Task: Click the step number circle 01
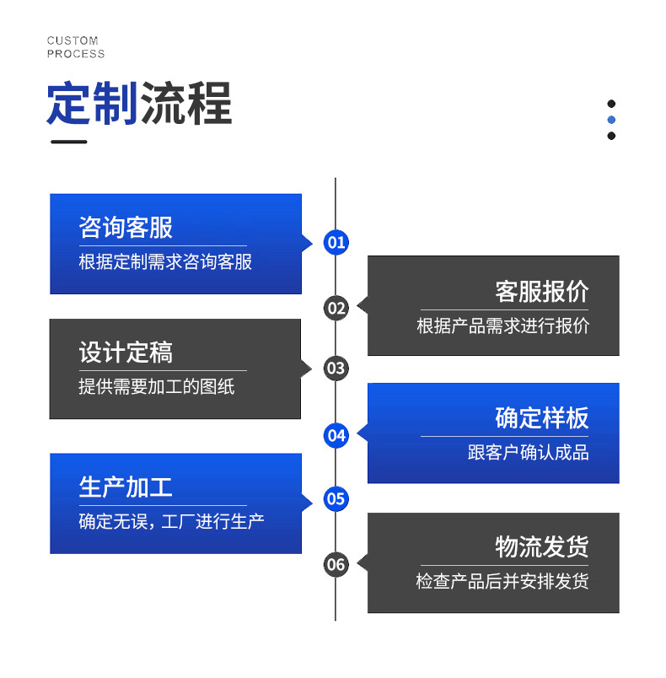(x=336, y=243)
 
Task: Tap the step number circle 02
(x=336, y=308)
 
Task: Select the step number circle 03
(x=336, y=368)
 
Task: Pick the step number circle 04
(x=336, y=435)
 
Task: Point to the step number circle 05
(x=336, y=498)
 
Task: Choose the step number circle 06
(x=336, y=564)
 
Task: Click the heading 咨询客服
(x=126, y=227)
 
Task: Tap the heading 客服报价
(x=541, y=291)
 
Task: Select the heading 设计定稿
(x=126, y=352)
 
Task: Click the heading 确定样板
(x=541, y=417)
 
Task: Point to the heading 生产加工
(x=126, y=487)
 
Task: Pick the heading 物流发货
(x=541, y=546)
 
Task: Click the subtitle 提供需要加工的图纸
(x=156, y=387)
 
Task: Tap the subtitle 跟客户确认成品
(x=528, y=453)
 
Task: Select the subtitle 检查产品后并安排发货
(x=502, y=582)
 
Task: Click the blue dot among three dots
(x=611, y=120)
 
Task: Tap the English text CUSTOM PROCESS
(x=76, y=47)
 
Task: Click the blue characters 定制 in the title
(x=92, y=105)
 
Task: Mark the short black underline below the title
(x=68, y=142)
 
